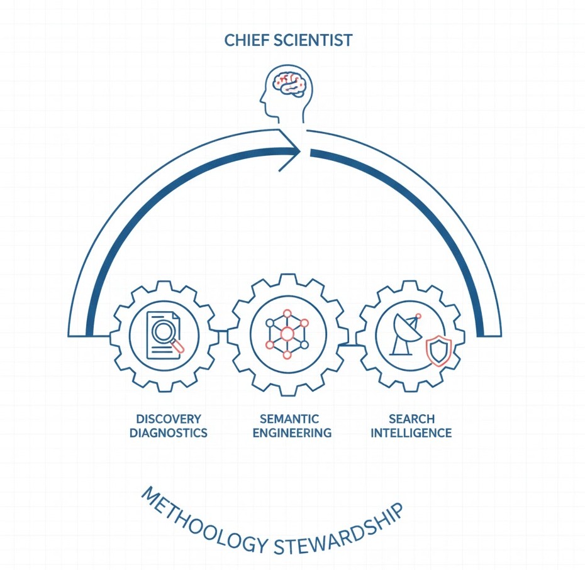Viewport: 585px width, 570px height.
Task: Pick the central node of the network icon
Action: [287, 334]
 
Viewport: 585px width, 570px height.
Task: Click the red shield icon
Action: [438, 351]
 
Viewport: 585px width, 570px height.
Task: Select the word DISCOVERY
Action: [169, 419]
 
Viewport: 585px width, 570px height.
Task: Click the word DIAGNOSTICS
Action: [169, 433]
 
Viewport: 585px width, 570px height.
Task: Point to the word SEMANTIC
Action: [289, 419]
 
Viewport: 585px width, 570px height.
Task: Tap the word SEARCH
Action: [411, 419]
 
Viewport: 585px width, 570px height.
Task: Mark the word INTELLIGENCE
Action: [411, 433]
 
